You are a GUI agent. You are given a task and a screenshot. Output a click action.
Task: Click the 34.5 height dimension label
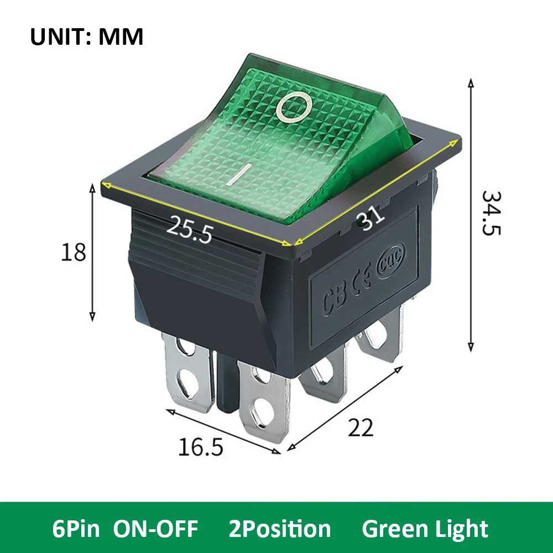(x=491, y=213)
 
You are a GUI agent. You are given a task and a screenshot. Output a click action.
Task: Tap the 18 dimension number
(x=74, y=252)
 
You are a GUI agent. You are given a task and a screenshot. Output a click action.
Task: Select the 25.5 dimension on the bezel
(x=190, y=229)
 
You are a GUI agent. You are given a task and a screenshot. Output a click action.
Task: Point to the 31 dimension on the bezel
(x=371, y=217)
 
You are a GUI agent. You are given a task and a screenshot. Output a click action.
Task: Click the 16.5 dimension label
(x=200, y=446)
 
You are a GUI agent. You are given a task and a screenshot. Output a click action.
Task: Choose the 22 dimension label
(x=361, y=427)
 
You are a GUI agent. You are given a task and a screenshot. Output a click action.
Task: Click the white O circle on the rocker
(x=294, y=107)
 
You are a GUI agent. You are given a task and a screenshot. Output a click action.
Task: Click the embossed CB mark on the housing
(x=334, y=300)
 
